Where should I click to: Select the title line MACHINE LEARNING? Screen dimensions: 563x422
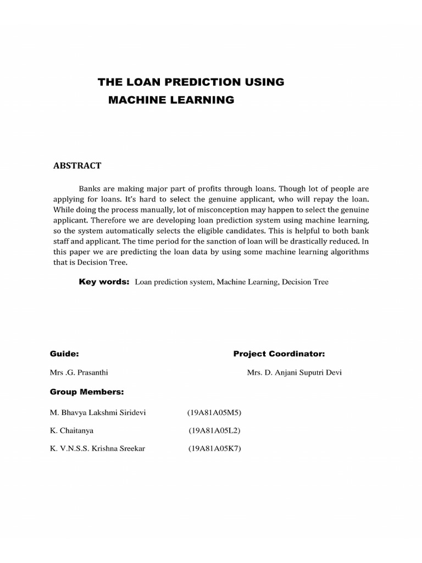171,100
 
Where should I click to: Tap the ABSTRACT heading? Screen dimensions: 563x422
77,165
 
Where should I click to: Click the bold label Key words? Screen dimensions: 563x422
104,281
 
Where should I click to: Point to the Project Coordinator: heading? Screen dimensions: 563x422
279,354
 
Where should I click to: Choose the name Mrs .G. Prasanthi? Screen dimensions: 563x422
79,372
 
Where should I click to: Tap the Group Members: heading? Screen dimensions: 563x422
87,391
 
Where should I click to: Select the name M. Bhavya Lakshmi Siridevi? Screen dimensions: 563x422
98,412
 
